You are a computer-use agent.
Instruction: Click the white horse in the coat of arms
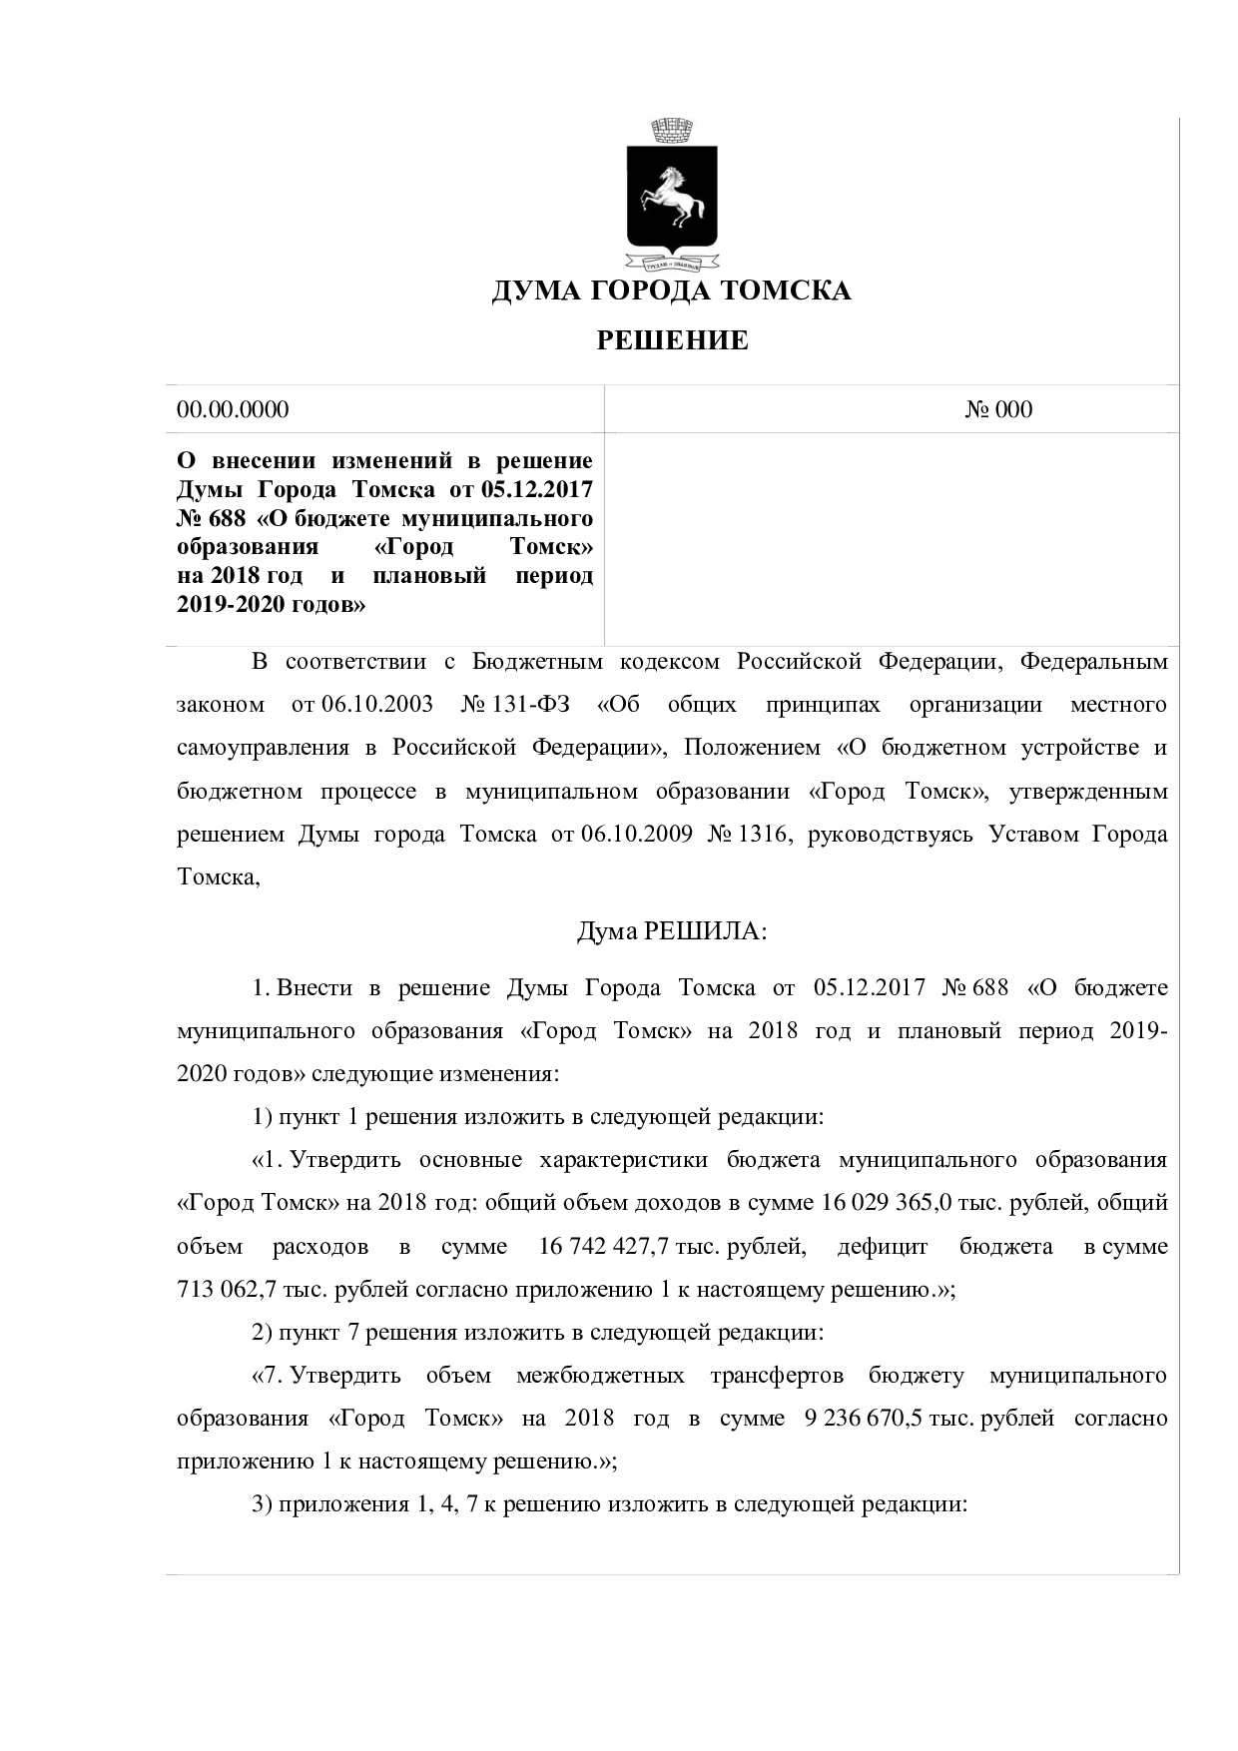click(671, 196)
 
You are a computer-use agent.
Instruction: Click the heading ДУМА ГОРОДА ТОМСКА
click(671, 291)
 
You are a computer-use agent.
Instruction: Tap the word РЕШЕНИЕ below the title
click(672, 341)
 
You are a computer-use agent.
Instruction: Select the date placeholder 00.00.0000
click(233, 409)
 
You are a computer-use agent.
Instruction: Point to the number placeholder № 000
click(998, 409)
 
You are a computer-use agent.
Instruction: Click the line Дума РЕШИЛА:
click(672, 931)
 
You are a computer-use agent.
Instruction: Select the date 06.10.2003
click(377, 705)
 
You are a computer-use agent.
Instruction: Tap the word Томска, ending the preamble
click(218, 876)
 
